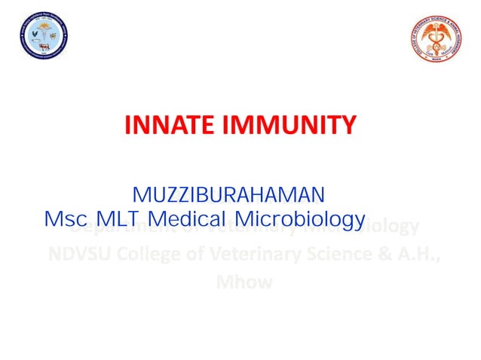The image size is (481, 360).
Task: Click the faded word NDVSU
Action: point(79,255)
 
